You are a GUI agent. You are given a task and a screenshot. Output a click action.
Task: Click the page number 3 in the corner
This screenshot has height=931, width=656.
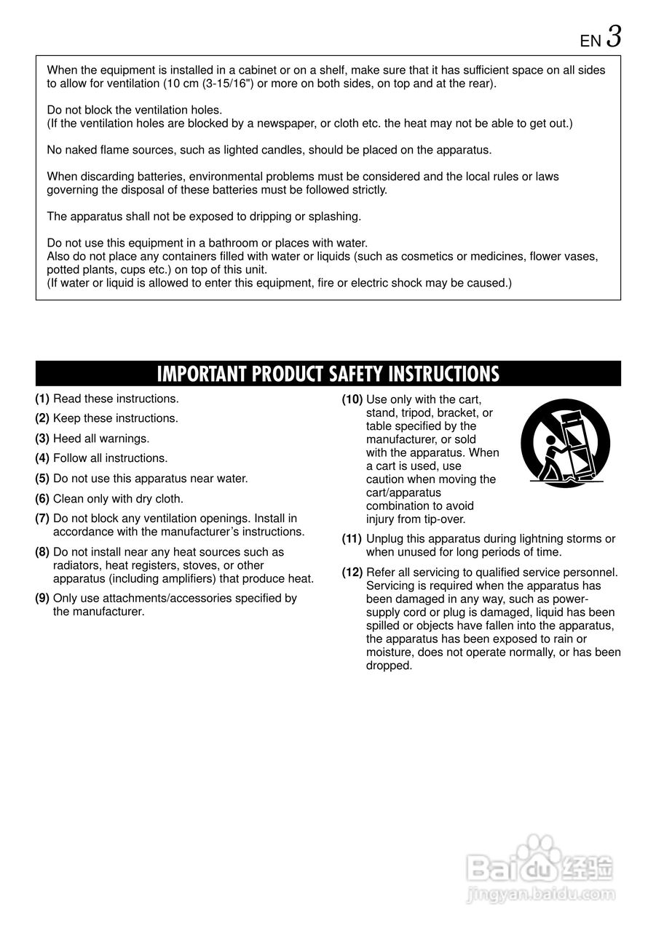[x=614, y=36]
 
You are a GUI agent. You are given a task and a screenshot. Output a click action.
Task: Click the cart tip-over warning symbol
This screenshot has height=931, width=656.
[x=565, y=443]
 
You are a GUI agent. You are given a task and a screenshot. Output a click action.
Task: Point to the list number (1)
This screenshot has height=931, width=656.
[x=42, y=399]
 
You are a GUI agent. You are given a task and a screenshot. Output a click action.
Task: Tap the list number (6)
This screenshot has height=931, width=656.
[x=42, y=499]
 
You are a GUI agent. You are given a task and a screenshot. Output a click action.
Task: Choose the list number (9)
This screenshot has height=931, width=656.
[x=42, y=599]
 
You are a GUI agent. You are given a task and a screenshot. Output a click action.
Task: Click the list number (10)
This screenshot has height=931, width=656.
[x=352, y=399]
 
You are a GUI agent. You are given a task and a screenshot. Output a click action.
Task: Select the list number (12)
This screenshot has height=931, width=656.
[x=352, y=572]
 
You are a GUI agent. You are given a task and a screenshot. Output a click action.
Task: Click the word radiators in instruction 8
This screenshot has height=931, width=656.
[x=76, y=565]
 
